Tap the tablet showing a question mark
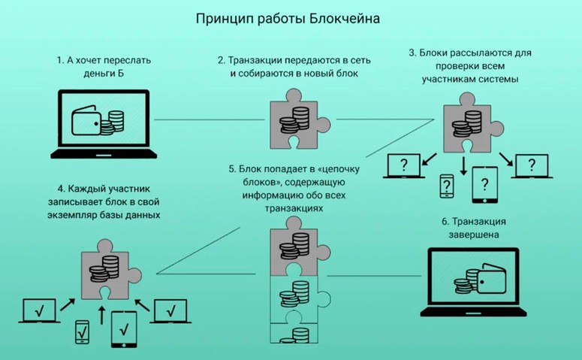point(485,184)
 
